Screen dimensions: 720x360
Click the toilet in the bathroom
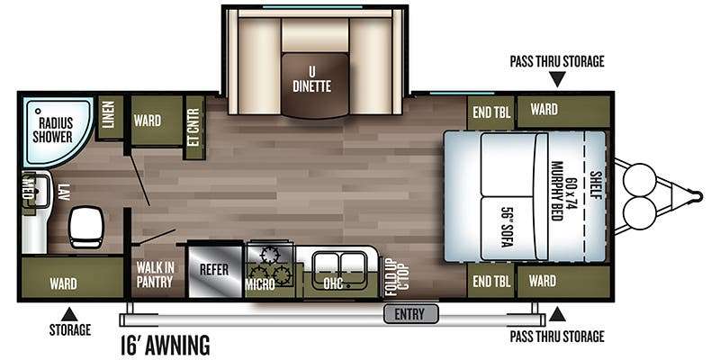pos(85,227)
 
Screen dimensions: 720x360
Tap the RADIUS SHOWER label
pos(56,130)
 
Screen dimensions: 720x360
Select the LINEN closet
pos(110,118)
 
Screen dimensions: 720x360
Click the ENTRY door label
pos(410,314)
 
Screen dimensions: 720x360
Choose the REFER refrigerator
pos(214,269)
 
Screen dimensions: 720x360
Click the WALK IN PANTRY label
pos(154,274)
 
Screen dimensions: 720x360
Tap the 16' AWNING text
pos(165,345)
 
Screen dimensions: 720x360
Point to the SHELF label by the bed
pos(596,185)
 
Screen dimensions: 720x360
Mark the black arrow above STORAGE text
pos(69,314)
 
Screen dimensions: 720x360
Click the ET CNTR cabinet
pos(193,128)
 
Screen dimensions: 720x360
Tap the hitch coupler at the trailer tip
pos(697,196)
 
